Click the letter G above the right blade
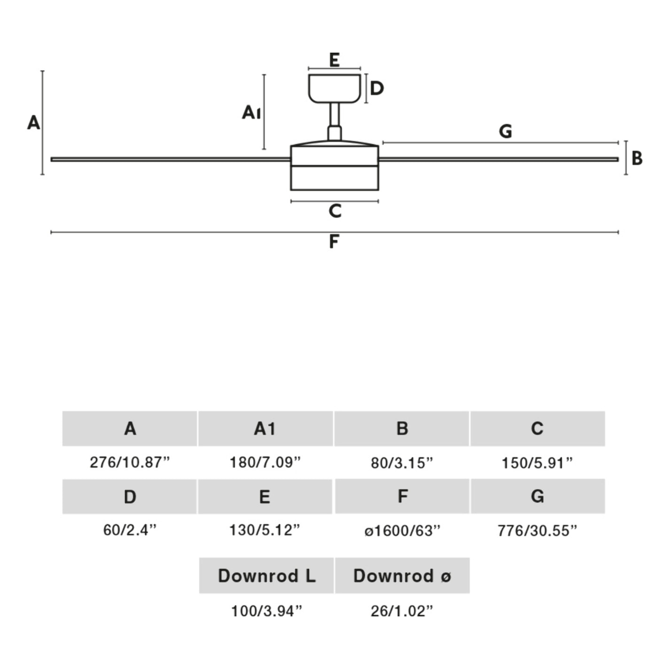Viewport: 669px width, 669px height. point(506,131)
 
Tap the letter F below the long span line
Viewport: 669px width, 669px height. point(334,241)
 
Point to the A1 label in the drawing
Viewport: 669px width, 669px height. point(251,113)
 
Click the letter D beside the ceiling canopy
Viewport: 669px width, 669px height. point(377,88)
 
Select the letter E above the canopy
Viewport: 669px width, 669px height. point(334,60)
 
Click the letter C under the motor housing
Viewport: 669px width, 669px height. point(335,211)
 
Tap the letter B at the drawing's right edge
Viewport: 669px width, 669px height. point(637,158)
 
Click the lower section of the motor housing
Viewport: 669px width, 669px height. point(334,178)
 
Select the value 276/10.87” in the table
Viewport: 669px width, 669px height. point(130,462)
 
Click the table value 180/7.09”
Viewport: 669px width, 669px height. point(265,462)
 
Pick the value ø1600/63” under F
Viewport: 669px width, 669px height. point(403,531)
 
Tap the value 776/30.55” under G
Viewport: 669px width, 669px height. point(537,531)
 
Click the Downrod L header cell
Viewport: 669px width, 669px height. point(266,576)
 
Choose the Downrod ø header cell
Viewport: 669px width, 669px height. point(402,576)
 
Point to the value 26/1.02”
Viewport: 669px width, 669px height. point(402,611)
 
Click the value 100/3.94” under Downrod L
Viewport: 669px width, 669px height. point(266,611)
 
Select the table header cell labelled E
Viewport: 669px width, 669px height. point(265,497)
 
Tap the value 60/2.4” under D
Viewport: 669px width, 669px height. point(130,530)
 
